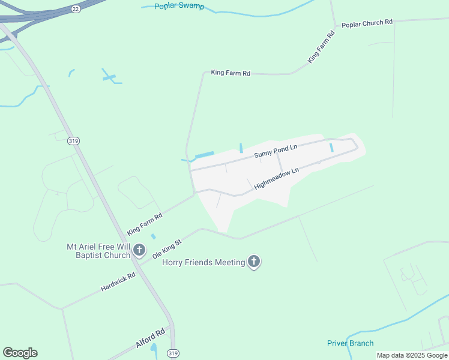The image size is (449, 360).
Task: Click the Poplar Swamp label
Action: pyautogui.click(x=179, y=7)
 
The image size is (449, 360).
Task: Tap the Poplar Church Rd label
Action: pyautogui.click(x=367, y=23)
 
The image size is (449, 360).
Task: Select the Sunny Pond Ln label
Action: pyautogui.click(x=276, y=151)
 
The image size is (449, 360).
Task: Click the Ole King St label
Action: pyautogui.click(x=167, y=248)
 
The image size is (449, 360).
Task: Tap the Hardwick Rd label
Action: pyautogui.click(x=118, y=280)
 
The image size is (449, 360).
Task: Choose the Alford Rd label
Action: pyautogui.click(x=150, y=340)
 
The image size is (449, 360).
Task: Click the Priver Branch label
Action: pyautogui.click(x=350, y=343)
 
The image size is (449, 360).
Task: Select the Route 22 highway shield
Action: pyautogui.click(x=75, y=9)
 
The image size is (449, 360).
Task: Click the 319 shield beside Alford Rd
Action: pyautogui.click(x=173, y=352)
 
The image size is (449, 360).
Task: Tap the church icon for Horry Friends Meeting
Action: pyautogui.click(x=254, y=262)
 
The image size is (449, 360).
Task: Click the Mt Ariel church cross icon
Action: pyautogui.click(x=139, y=250)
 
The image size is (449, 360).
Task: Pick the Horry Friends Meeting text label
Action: pyautogui.click(x=204, y=262)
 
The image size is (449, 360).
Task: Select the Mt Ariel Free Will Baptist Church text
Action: pyautogui.click(x=98, y=251)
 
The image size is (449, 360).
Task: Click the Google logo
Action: pyautogui.click(x=20, y=353)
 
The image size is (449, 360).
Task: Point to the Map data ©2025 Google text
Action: pyautogui.click(x=411, y=355)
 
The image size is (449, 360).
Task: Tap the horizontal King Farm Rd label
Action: pyautogui.click(x=231, y=73)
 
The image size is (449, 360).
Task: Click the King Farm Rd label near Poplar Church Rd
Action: pyautogui.click(x=321, y=47)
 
